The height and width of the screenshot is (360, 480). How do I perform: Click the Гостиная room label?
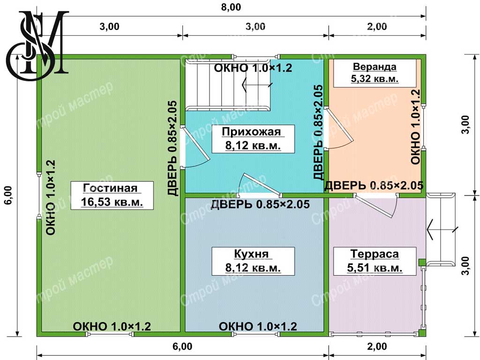pyautogui.click(x=112, y=195)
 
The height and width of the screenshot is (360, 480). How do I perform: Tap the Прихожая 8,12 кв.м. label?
pyautogui.click(x=253, y=139)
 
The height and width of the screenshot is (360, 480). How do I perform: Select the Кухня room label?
pyautogui.click(x=253, y=261)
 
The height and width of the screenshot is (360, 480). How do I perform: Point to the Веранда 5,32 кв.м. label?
pyautogui.click(x=375, y=73)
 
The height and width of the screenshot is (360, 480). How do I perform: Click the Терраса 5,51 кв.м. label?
pyautogui.click(x=375, y=261)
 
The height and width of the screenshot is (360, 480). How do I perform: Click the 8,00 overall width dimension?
pyautogui.click(x=231, y=7)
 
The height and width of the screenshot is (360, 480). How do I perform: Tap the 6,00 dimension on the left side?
pyautogui.click(x=8, y=195)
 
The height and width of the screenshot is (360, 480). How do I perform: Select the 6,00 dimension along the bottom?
pyautogui.click(x=182, y=346)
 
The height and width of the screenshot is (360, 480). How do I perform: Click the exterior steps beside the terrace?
pyautogui.click(x=441, y=230)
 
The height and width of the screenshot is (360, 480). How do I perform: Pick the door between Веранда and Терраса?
pyautogui.click(x=375, y=205)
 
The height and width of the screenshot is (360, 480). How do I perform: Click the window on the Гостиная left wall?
pyautogui.click(x=39, y=195)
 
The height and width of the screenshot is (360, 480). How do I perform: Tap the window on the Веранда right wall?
pyautogui.click(x=423, y=127)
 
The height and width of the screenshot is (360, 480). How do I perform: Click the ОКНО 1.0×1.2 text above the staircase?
pyautogui.click(x=253, y=67)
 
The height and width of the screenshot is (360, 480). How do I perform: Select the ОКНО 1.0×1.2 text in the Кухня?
pyautogui.click(x=258, y=326)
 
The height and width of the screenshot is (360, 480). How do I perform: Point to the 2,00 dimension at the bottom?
pyautogui.click(x=377, y=346)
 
